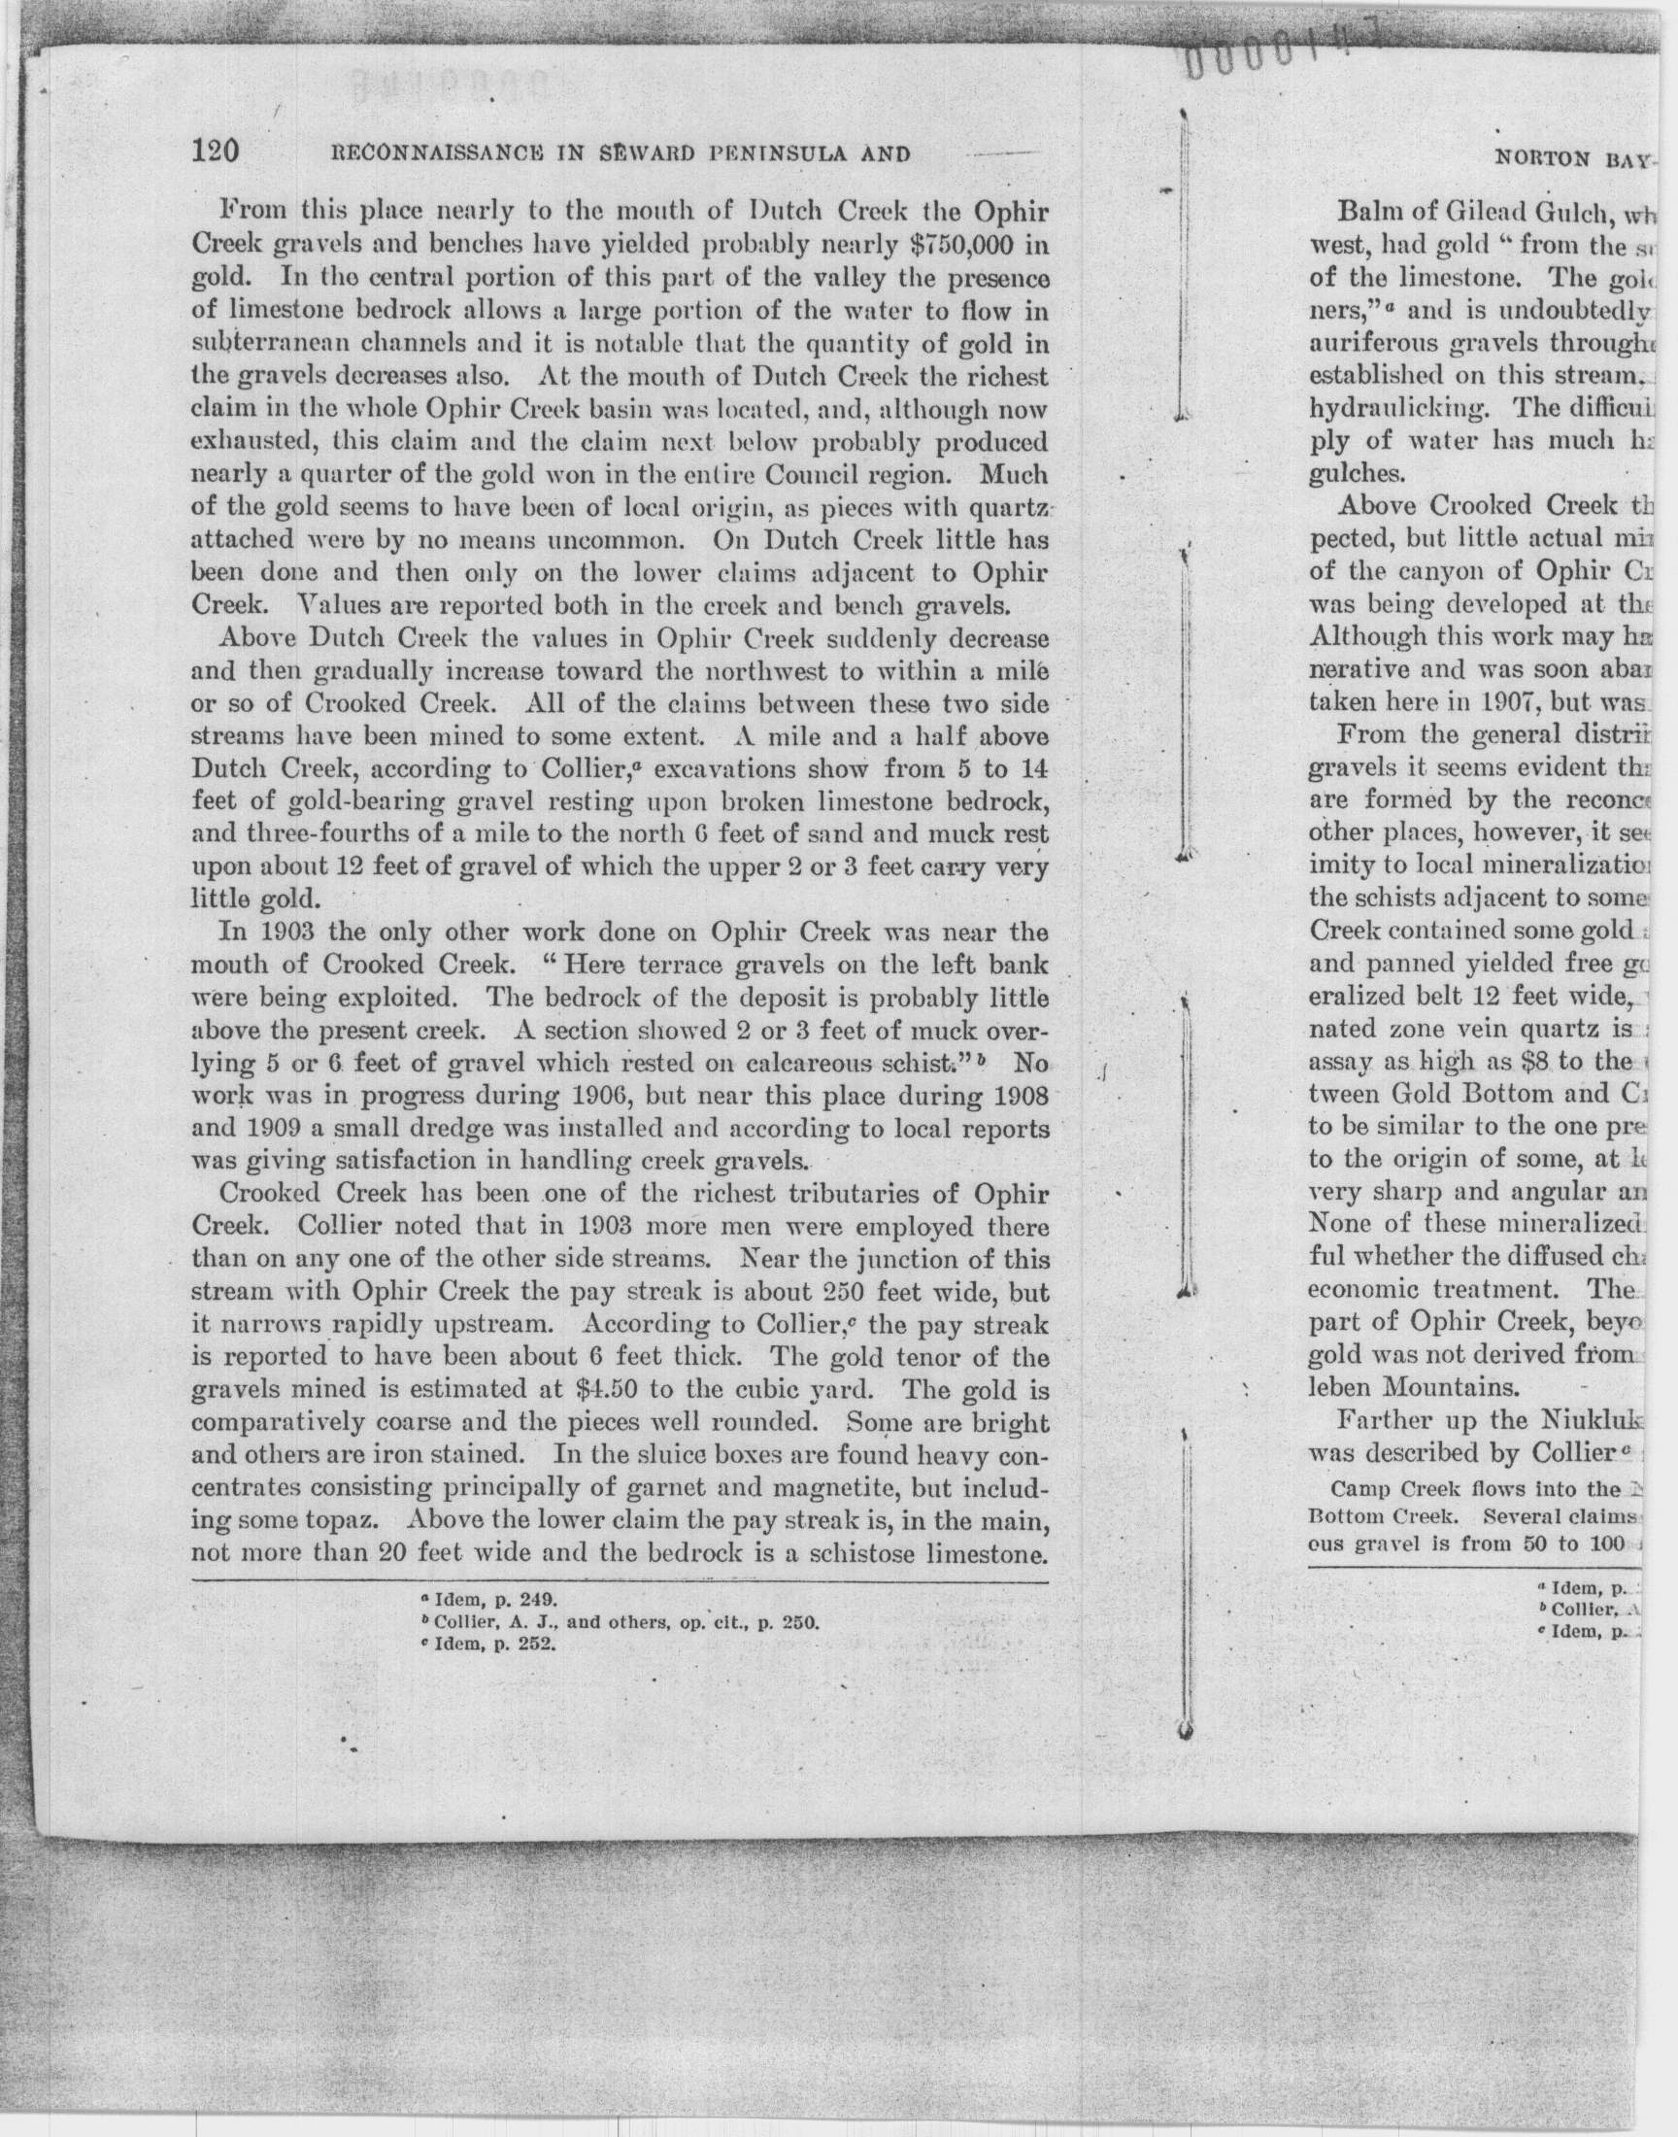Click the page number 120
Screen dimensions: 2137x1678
point(217,153)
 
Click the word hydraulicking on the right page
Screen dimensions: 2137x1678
point(1403,408)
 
